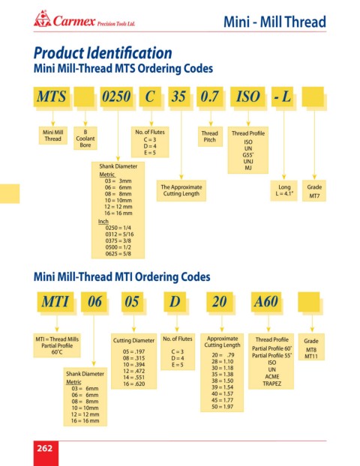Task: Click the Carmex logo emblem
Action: (42, 19)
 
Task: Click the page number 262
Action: (45, 448)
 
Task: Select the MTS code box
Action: (52, 97)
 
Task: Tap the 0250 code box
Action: (116, 97)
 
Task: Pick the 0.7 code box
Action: (210, 97)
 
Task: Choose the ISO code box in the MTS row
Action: (247, 97)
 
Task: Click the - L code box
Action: (282, 97)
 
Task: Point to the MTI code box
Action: (55, 302)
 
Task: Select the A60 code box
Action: (266, 302)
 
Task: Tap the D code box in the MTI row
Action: (175, 302)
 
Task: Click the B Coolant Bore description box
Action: (85, 139)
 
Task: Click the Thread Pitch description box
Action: (210, 136)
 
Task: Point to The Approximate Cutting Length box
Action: (181, 190)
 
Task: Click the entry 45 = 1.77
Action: (222, 400)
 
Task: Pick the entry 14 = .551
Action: (134, 378)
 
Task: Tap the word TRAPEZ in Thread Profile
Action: (272, 384)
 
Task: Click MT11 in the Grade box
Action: (311, 357)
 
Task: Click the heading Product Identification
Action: (103, 53)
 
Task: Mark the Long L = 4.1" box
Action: (283, 190)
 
